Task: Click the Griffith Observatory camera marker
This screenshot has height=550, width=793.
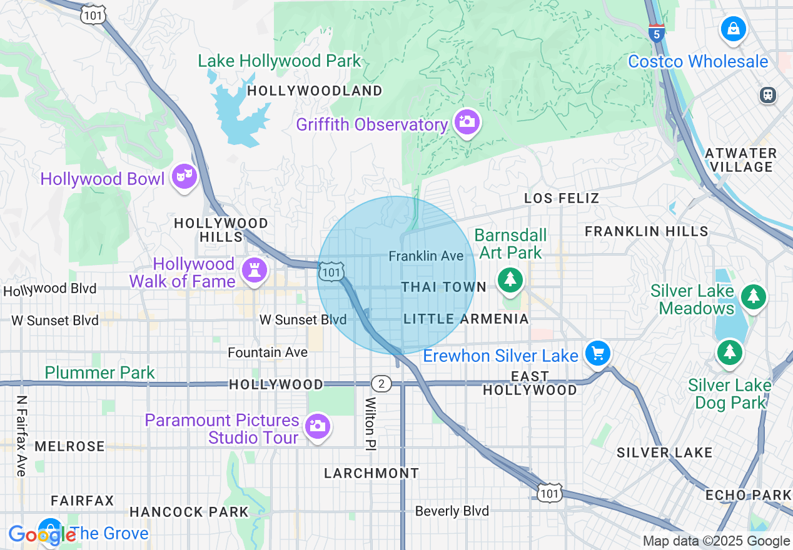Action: click(x=467, y=121)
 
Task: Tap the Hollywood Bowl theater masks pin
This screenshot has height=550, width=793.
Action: click(x=184, y=176)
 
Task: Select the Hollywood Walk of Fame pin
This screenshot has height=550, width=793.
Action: click(x=255, y=271)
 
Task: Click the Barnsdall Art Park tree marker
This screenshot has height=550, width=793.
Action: click(x=510, y=279)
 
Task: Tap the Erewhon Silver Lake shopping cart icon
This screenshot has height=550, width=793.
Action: click(x=598, y=354)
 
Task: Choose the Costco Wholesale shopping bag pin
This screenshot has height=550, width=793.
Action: click(x=733, y=29)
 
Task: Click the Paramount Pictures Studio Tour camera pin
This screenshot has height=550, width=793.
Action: click(x=317, y=426)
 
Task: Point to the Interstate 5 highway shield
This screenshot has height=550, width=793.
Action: click(x=657, y=32)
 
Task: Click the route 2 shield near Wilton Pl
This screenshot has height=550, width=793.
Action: click(x=381, y=383)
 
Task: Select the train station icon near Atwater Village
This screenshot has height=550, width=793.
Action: click(x=768, y=94)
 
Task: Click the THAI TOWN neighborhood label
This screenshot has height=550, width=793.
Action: click(x=443, y=287)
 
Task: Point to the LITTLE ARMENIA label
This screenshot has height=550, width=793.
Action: click(x=466, y=319)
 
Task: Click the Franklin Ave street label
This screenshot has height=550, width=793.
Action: click(x=426, y=256)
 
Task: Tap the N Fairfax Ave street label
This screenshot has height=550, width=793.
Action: click(x=23, y=436)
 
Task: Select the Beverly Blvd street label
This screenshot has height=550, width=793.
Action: click(x=452, y=511)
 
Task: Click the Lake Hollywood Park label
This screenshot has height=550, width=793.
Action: click(x=280, y=61)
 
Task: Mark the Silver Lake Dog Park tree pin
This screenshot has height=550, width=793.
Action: click(x=729, y=352)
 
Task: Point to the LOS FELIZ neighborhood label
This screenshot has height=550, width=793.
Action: click(x=562, y=198)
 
